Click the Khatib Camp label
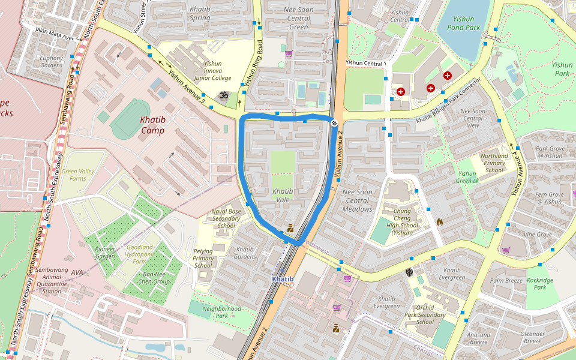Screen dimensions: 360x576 click(x=153, y=125)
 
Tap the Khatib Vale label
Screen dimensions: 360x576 click(x=283, y=195)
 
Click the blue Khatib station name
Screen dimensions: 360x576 click(x=283, y=279)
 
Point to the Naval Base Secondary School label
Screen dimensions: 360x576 click(x=226, y=218)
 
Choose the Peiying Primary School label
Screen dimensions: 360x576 click(x=203, y=258)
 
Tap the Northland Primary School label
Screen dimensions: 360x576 click(x=494, y=163)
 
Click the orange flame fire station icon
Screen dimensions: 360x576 click(x=440, y=221)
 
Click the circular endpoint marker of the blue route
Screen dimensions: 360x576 click(x=334, y=122)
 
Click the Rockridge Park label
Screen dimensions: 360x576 click(x=540, y=283)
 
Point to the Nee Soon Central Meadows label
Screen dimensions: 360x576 click(x=357, y=200)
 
